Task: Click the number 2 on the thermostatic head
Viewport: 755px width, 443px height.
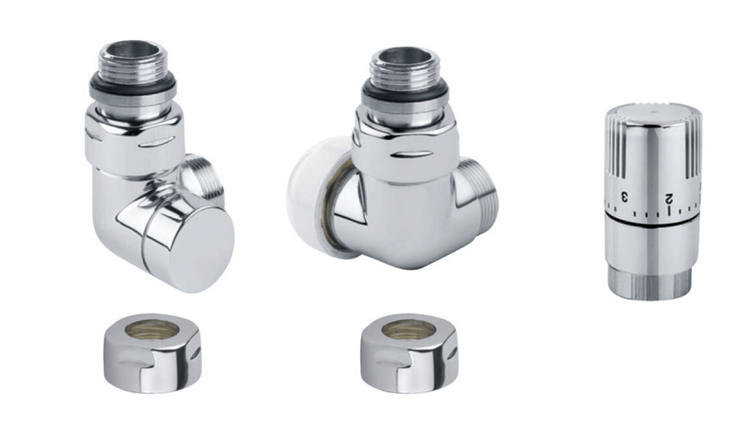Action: coord(669,199)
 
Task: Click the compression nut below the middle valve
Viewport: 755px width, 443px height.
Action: coord(409,353)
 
